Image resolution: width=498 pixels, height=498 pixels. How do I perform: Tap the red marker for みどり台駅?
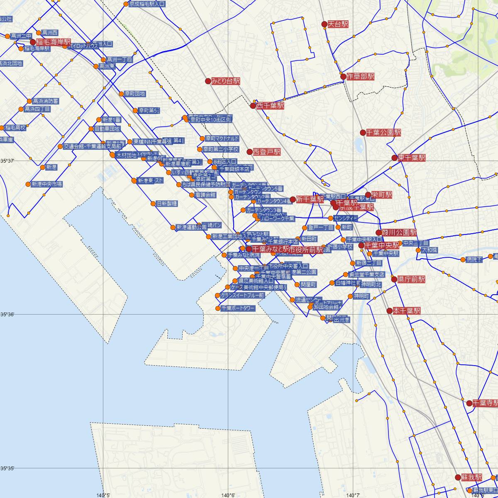coord(208,81)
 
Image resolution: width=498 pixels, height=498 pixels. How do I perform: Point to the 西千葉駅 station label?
coord(270,106)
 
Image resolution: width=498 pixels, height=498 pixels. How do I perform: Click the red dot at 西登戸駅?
coord(250,152)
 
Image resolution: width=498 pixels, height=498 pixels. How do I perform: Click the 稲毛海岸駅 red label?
coord(54,42)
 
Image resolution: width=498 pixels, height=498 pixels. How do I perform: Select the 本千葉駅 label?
coord(407,311)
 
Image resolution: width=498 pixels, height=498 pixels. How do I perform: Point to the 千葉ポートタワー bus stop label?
coord(238,308)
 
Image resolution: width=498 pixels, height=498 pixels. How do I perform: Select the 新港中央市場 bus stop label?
coord(47,184)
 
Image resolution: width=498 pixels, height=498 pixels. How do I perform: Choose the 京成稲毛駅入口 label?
coord(147,4)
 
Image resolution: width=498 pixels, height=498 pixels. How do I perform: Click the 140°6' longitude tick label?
coord(228,495)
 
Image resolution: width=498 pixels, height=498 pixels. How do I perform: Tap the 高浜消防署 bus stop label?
coord(45,101)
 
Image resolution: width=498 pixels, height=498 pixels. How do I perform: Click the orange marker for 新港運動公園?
coord(173,227)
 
